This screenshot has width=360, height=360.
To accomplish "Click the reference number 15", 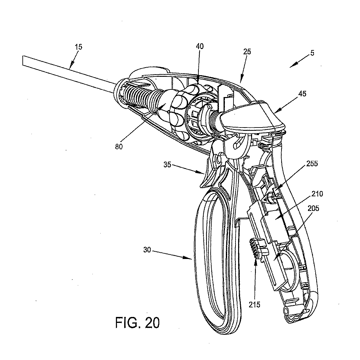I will [78, 47].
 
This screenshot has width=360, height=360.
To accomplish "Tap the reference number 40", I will [199, 46].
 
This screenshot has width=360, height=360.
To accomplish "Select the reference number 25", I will [247, 52].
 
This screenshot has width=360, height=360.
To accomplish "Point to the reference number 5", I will [313, 53].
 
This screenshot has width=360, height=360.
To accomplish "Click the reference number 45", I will [302, 94].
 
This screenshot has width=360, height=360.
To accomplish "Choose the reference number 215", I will [255, 305].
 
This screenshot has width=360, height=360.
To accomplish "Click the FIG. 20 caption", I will [137, 322].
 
